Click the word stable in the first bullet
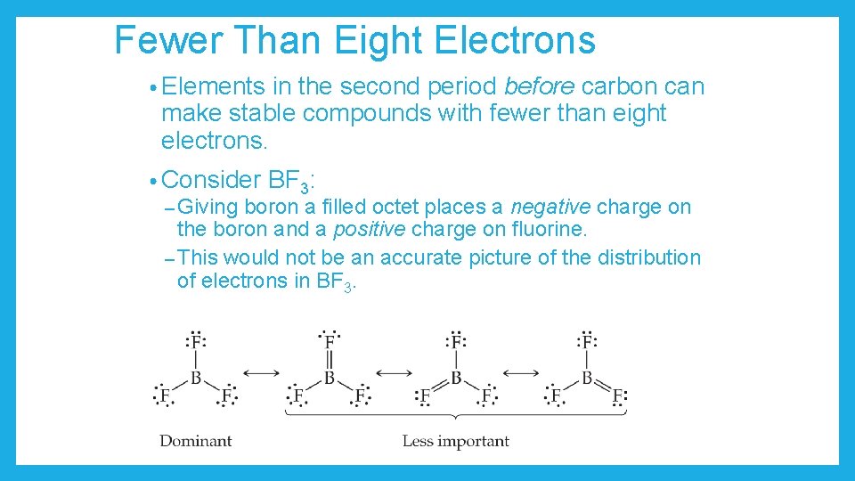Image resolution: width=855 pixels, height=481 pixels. pos(263,114)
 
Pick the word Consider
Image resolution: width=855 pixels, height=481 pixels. pos(211,179)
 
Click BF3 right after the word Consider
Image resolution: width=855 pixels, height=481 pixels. pos(290,181)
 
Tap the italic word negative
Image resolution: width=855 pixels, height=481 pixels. pos(550,208)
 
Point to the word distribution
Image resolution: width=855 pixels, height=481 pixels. pos(648,258)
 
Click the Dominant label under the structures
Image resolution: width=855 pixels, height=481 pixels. pos(196,440)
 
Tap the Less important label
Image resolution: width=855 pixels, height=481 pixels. pos(456,440)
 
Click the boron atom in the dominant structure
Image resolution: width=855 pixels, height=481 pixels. pos(196,378)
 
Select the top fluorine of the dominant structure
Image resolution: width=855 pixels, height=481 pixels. pos(196,341)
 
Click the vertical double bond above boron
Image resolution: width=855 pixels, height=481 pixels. pos(330,360)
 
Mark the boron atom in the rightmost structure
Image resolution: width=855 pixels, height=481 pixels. pos(586,378)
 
